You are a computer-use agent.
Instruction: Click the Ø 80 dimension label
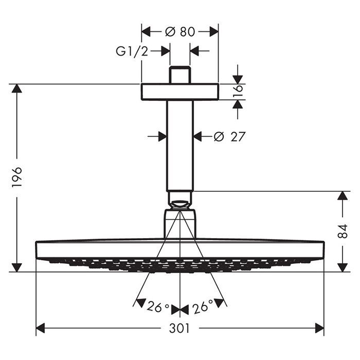click(180, 32)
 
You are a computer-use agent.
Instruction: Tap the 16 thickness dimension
click(238, 92)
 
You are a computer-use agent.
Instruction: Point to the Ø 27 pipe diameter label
click(229, 137)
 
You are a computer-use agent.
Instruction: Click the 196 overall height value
click(17, 177)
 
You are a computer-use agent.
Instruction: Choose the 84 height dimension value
click(343, 231)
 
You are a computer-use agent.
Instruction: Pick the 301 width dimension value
click(179, 328)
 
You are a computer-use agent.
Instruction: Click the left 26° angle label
click(158, 307)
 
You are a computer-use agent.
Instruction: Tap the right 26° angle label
click(203, 307)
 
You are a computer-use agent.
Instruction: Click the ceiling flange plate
click(180, 92)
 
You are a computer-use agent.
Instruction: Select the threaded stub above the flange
click(180, 75)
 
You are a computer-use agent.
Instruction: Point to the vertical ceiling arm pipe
click(180, 146)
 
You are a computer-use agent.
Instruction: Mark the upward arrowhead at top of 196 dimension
click(17, 88)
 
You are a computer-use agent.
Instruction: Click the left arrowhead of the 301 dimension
click(41, 328)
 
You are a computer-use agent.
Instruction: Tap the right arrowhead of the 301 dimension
click(319, 328)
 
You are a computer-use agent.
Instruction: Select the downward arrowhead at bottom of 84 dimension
click(343, 267)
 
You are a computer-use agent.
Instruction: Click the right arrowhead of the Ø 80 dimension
click(214, 31)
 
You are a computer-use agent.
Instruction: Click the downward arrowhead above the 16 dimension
click(238, 80)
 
